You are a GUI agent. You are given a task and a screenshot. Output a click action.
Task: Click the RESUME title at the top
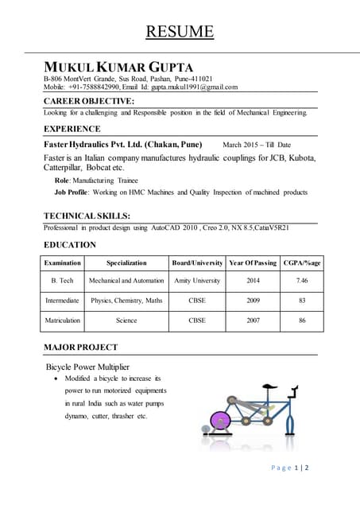180,32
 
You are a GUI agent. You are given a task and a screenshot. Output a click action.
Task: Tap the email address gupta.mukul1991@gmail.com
194,87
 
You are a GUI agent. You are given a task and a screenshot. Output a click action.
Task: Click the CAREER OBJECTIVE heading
88,101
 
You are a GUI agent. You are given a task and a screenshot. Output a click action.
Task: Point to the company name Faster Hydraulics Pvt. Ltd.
122,145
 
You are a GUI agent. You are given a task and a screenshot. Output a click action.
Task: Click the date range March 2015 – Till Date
257,146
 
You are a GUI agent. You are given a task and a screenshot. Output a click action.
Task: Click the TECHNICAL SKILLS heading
87,216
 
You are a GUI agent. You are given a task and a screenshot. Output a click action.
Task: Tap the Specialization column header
126,262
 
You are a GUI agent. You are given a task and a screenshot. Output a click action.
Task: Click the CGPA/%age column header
302,262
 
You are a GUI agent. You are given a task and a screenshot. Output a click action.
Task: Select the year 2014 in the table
253,281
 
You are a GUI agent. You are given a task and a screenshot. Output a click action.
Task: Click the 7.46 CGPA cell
302,281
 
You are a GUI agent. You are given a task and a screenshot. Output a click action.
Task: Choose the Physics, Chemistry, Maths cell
126,301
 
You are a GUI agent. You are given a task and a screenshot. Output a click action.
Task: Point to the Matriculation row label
63,321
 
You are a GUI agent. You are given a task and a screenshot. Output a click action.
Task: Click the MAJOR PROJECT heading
80,347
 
